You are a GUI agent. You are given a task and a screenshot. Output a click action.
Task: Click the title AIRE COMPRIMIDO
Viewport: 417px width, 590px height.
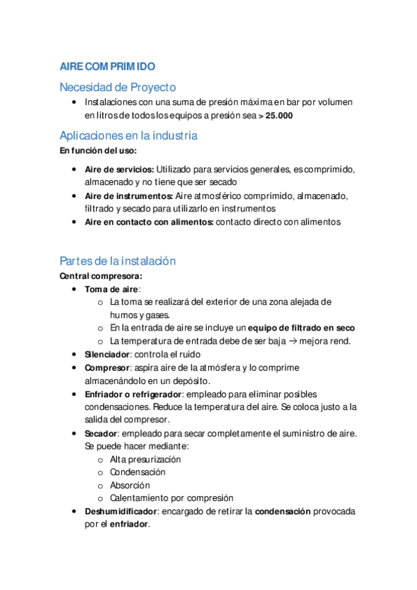107,67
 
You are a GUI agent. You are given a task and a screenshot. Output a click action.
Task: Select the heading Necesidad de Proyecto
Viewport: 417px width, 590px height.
118,87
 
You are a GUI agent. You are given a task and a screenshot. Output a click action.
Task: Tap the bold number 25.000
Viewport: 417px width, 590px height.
279,115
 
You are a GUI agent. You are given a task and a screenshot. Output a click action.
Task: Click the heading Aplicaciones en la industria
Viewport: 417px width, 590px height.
128,136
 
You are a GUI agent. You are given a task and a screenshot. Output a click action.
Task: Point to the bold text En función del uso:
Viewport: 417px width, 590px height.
98,150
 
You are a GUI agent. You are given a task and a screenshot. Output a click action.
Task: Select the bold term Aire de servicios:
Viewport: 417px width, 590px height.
119,169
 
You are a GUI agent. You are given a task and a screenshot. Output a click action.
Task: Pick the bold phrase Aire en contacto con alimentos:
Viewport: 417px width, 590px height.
149,222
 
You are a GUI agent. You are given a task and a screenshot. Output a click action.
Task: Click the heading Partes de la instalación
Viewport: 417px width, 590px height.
118,261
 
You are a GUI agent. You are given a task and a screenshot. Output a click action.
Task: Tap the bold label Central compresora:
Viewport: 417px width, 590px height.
100,276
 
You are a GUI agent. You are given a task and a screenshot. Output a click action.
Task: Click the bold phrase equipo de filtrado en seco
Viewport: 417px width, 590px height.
301,328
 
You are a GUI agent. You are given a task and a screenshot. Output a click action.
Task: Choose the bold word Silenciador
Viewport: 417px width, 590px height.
107,354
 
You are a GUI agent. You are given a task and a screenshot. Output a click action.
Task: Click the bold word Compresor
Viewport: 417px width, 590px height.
107,367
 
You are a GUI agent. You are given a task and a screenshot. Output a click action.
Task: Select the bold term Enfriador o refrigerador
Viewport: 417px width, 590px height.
132,394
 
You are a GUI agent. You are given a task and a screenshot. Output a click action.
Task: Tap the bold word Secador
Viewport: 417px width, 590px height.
102,433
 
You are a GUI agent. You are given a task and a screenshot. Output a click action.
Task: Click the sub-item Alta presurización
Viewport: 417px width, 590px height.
145,459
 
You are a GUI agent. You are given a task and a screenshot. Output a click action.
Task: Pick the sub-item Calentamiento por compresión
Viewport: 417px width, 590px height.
171,498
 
